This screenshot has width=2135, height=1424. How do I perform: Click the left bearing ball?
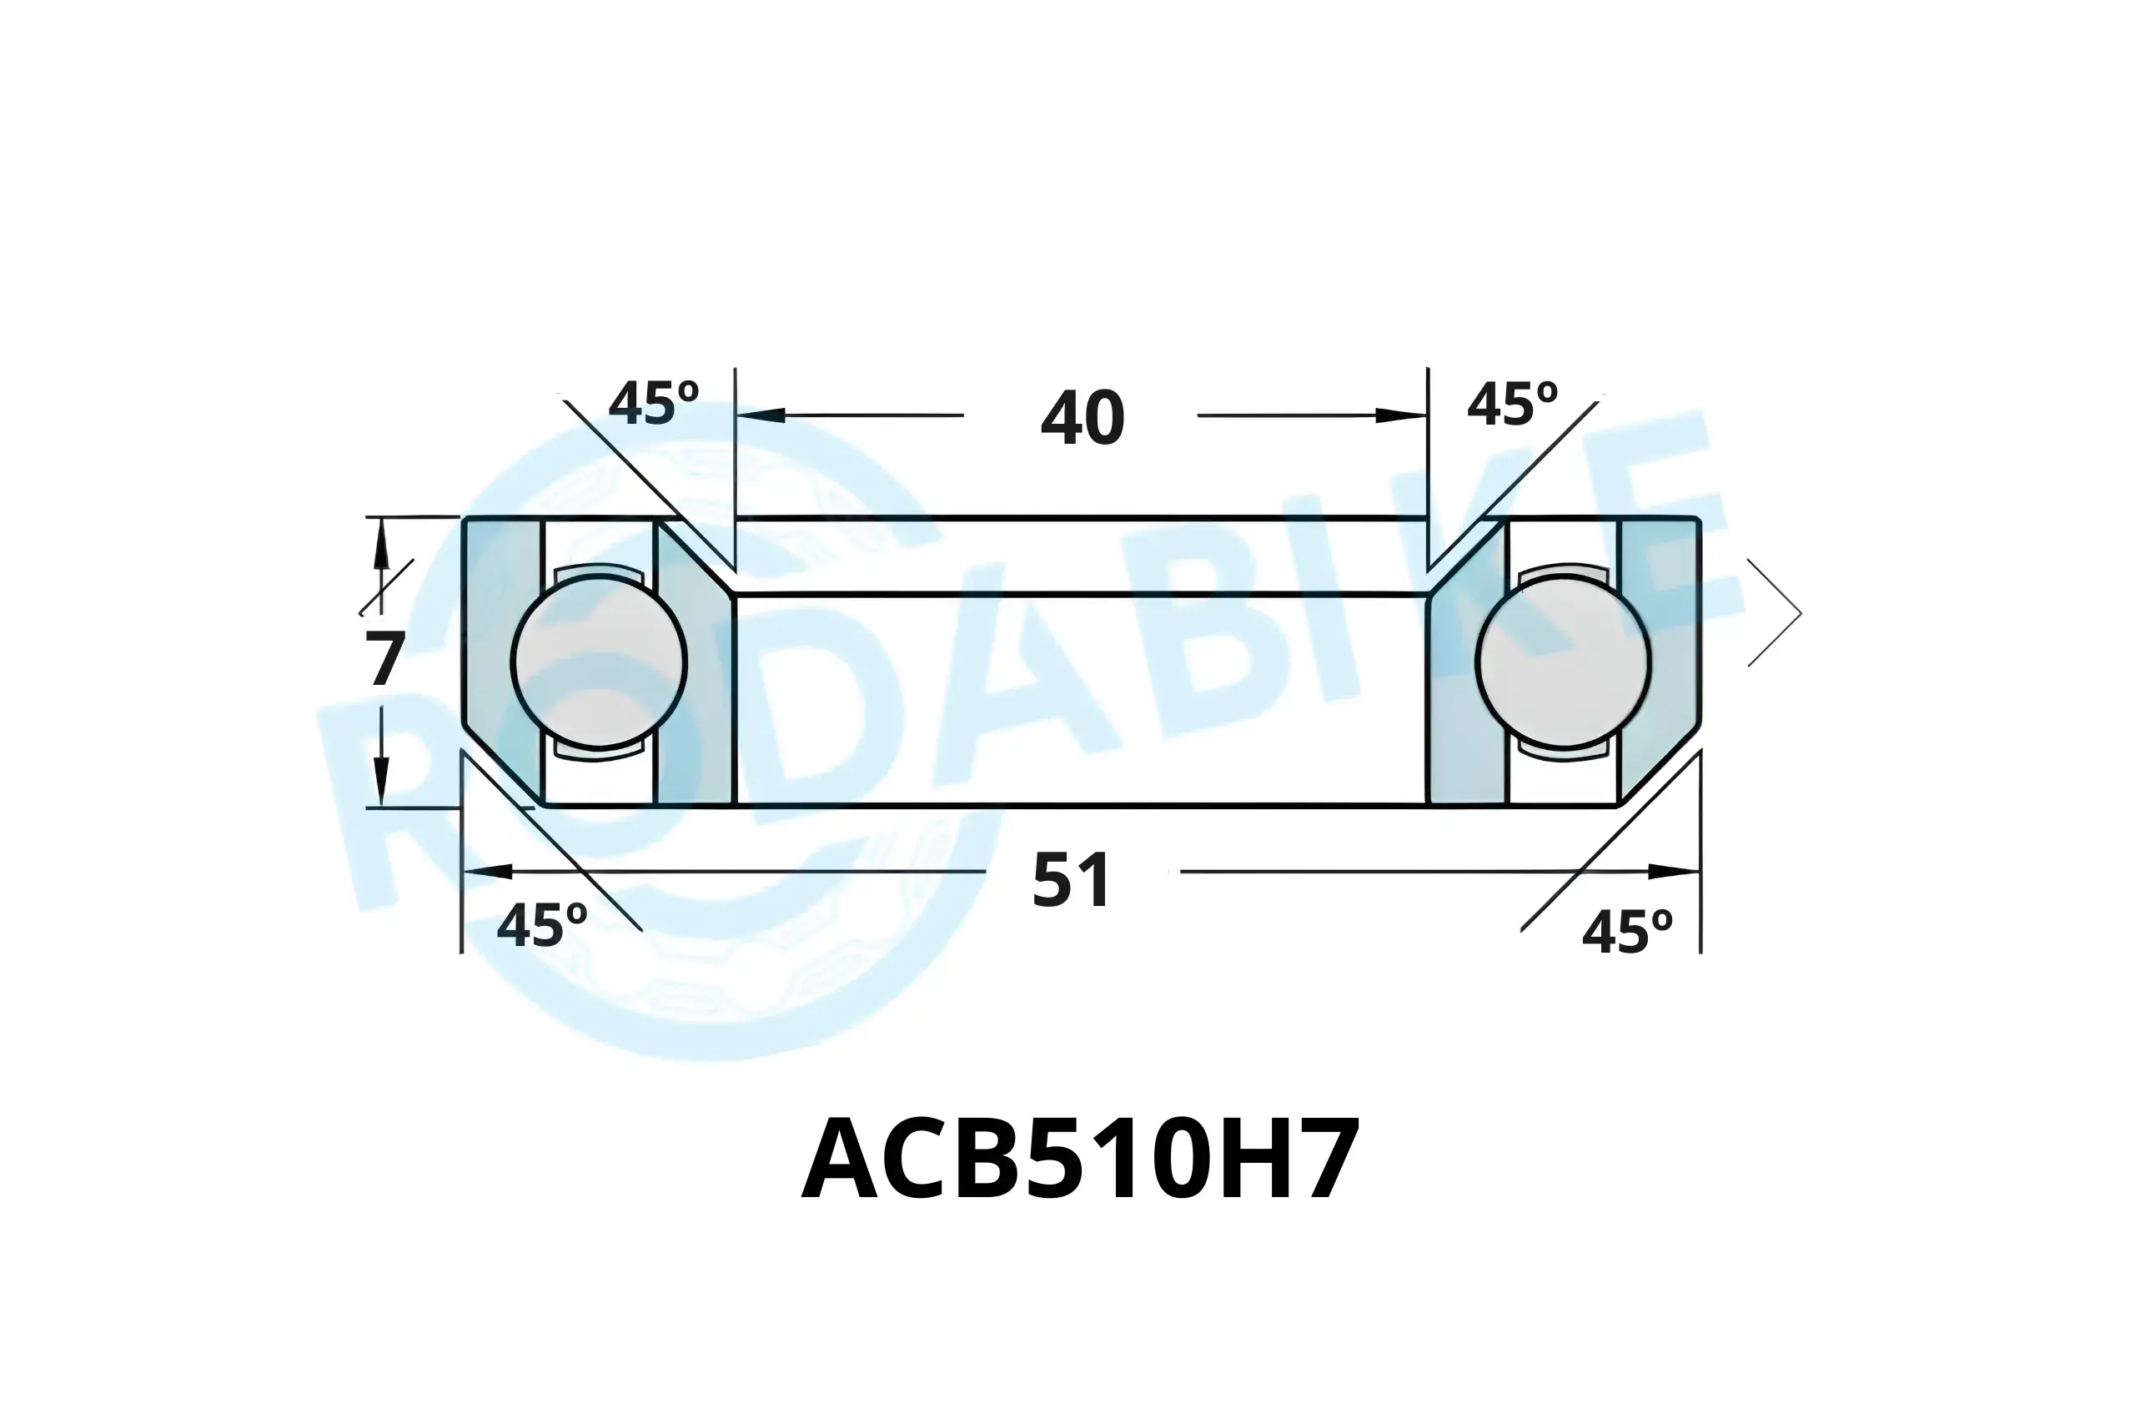pyautogui.click(x=599, y=662)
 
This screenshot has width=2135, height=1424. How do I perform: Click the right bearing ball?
pyautogui.click(x=1563, y=662)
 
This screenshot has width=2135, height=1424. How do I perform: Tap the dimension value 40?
pyautogui.click(x=1082, y=419)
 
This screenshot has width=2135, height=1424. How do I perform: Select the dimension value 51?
pyautogui.click(x=1071, y=880)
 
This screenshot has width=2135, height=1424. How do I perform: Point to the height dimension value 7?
pyautogui.click(x=384, y=659)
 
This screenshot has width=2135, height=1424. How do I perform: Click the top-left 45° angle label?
pyautogui.click(x=654, y=403)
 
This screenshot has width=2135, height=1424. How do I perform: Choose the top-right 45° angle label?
pyautogui.click(x=1512, y=404)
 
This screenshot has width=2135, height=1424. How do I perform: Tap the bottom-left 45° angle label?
pyautogui.click(x=542, y=926)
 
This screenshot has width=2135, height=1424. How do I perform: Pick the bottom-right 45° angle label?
pyautogui.click(x=1626, y=933)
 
